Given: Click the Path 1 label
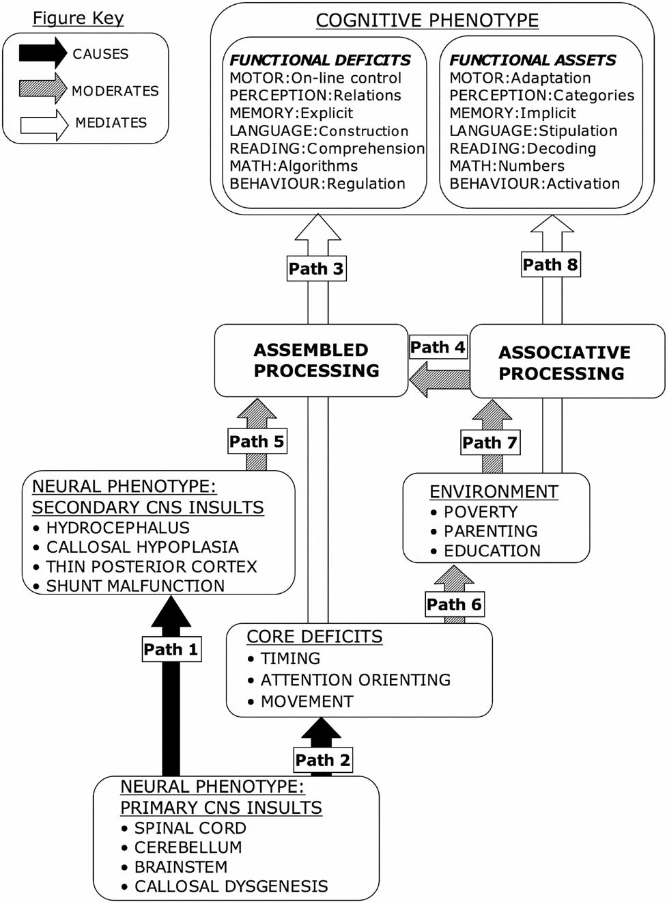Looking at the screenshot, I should click(x=171, y=649).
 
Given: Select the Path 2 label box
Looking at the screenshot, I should click(x=322, y=760).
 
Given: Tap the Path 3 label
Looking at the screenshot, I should click(x=315, y=269).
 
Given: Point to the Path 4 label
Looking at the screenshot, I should click(x=438, y=347).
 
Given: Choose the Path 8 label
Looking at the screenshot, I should click(x=550, y=264).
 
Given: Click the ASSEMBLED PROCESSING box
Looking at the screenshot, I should click(x=311, y=360).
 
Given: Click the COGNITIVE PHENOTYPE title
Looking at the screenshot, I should click(x=427, y=20).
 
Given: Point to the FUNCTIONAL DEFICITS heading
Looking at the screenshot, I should click(x=320, y=60).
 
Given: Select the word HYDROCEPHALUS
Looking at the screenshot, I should click(x=117, y=528).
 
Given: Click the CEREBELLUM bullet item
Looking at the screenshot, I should click(x=188, y=847).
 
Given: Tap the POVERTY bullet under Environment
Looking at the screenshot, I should click(x=480, y=512).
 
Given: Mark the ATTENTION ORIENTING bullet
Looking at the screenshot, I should click(x=355, y=680).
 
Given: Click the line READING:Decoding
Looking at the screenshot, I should click(x=522, y=148).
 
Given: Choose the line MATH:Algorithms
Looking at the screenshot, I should click(x=294, y=166).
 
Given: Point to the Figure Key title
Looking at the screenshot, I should click(x=79, y=18).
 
